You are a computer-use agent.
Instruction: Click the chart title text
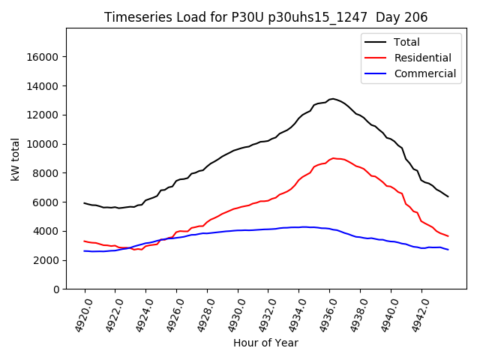(266, 17)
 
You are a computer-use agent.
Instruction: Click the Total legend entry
(406, 42)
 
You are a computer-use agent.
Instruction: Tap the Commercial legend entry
(424, 73)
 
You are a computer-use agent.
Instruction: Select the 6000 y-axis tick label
(47, 202)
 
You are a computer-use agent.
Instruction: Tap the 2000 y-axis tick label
(47, 260)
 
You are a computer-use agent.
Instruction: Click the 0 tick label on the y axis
(56, 289)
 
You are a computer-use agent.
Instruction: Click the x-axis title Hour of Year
(265, 343)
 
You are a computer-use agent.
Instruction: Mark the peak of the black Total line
(332, 98)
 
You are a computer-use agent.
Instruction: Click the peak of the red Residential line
(333, 158)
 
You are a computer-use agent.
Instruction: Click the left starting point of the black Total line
(85, 202)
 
